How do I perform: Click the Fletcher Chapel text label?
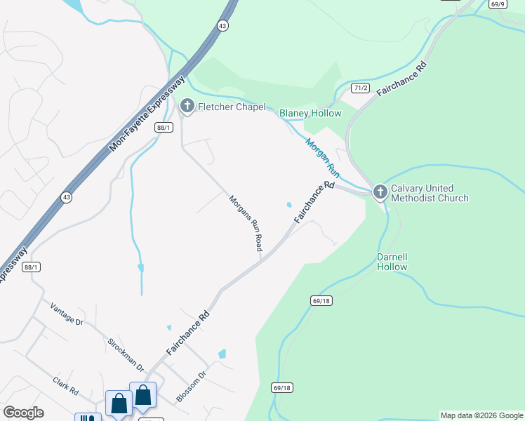point(232,107)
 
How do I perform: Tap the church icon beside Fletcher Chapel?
point(187,106)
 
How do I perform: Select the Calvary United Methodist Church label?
point(430,193)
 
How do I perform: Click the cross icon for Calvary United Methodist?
point(380,192)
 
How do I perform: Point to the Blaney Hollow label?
point(310,113)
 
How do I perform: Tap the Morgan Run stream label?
point(322,156)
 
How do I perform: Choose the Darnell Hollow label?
point(392,262)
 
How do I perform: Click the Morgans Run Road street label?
point(246,223)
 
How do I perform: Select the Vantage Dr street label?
point(67,313)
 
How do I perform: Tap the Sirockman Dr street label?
point(126,355)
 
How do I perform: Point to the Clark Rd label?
point(65,386)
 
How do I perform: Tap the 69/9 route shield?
point(498,4)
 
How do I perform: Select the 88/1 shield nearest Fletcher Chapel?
point(164,127)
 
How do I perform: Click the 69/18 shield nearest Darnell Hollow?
point(319,300)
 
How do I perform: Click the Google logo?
point(23,413)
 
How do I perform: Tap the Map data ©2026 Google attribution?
point(481,415)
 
